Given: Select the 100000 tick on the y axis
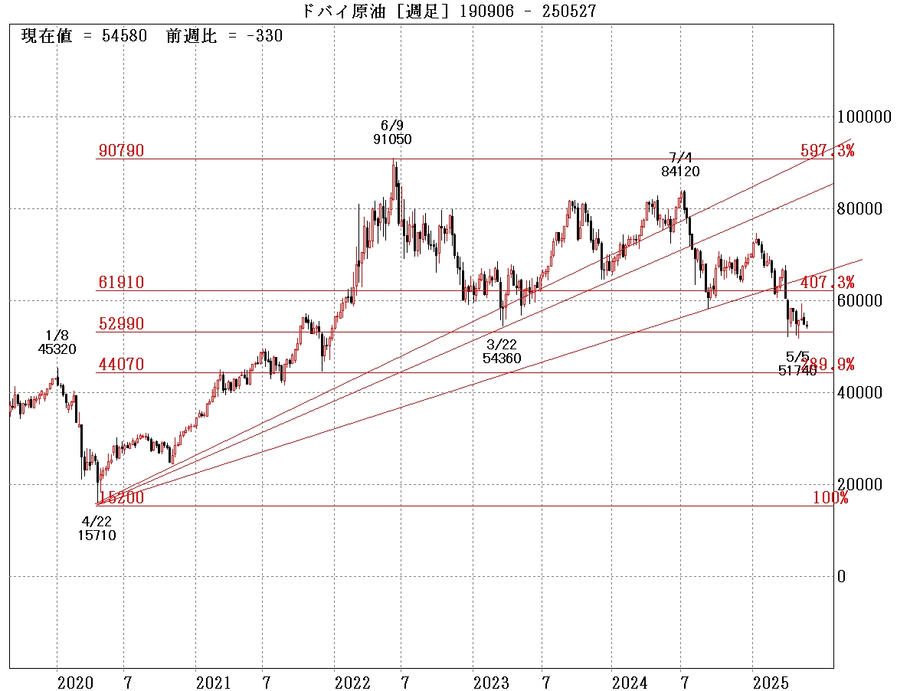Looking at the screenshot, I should click(x=864, y=117).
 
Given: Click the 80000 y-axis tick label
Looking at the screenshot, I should click(x=864, y=209).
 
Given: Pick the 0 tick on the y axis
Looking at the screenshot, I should click(x=842, y=577).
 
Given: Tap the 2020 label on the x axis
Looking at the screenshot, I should click(x=75, y=682).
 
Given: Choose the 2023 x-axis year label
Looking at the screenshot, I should click(x=491, y=682).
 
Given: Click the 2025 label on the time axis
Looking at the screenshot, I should click(x=770, y=682).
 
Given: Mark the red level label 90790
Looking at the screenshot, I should click(x=121, y=151).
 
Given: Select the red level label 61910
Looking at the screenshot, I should click(x=121, y=283).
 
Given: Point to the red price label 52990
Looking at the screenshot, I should click(x=121, y=324).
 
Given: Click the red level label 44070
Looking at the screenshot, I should click(x=121, y=365).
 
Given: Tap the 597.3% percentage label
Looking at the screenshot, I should click(x=827, y=151).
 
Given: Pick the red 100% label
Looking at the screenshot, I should click(x=830, y=499).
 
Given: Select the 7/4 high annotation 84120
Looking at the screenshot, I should click(x=680, y=172).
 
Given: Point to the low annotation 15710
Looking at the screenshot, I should click(x=97, y=535).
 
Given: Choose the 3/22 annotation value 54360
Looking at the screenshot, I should click(x=502, y=358).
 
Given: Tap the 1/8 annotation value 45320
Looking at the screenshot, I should click(x=57, y=349).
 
